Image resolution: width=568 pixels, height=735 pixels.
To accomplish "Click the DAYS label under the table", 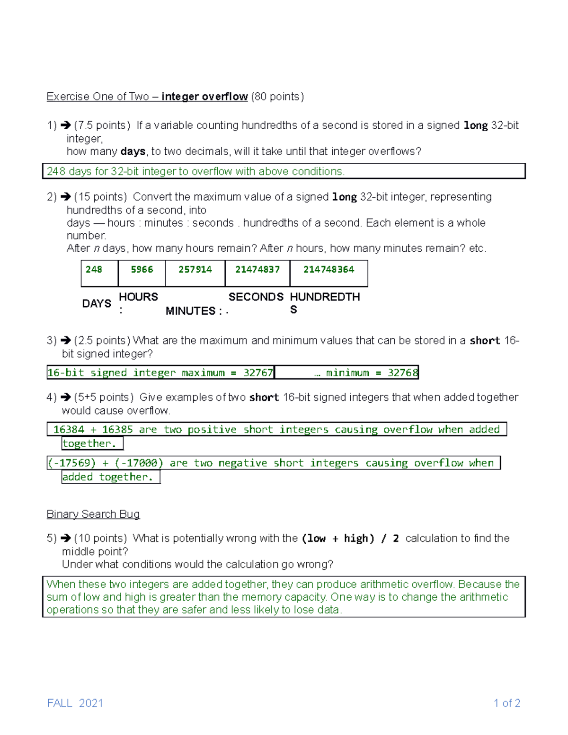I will coord(97,303).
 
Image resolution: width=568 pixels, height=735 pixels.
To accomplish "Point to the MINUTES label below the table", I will coord(191,311).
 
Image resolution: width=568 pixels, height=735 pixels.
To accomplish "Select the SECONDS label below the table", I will coord(256,297).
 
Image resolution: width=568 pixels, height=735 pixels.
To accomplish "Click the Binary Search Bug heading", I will coord(93,514).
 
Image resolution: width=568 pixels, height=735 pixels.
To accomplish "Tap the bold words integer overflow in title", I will coord(204,97).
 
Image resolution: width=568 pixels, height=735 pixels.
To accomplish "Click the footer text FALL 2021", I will coord(75,703).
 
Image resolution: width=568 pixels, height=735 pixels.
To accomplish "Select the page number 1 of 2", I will coord(507,703).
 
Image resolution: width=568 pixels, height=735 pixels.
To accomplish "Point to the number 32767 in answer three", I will coord(258,373).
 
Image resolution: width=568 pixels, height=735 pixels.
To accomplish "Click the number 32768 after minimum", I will coord(403,373).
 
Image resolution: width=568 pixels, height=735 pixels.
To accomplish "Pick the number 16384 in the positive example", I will coord(69,429).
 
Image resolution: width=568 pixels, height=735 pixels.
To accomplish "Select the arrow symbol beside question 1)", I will coord(66,125).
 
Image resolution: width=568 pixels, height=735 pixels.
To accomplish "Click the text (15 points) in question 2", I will coord(100,197).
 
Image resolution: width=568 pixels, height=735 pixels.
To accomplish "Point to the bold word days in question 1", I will coord(133,151).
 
